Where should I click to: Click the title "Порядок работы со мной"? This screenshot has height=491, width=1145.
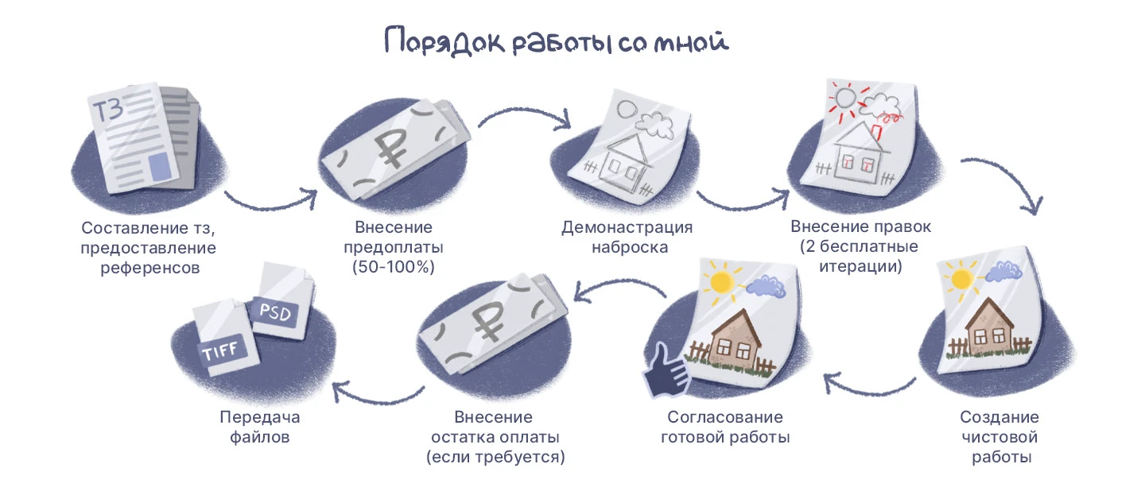tap(556, 42)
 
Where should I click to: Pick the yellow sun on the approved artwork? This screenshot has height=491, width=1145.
tap(722, 281)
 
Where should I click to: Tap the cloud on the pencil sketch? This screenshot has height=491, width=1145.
tap(654, 123)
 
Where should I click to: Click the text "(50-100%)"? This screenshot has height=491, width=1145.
tap(393, 267)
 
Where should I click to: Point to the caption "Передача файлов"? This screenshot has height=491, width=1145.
tap(260, 427)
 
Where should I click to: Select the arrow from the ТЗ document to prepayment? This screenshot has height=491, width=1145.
tap(270, 199)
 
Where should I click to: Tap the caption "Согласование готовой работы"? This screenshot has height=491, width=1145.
tap(724, 427)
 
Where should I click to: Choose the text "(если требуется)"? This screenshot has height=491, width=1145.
tap(495, 457)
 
